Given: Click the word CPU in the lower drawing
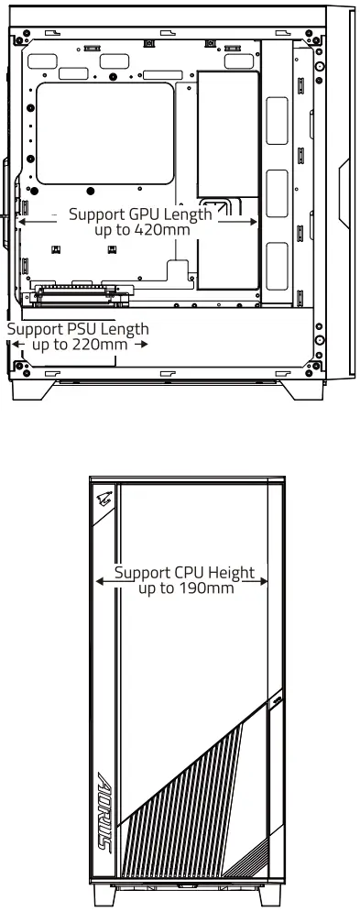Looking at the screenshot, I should coord(182,574).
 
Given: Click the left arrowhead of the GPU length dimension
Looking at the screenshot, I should coord(23,220).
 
